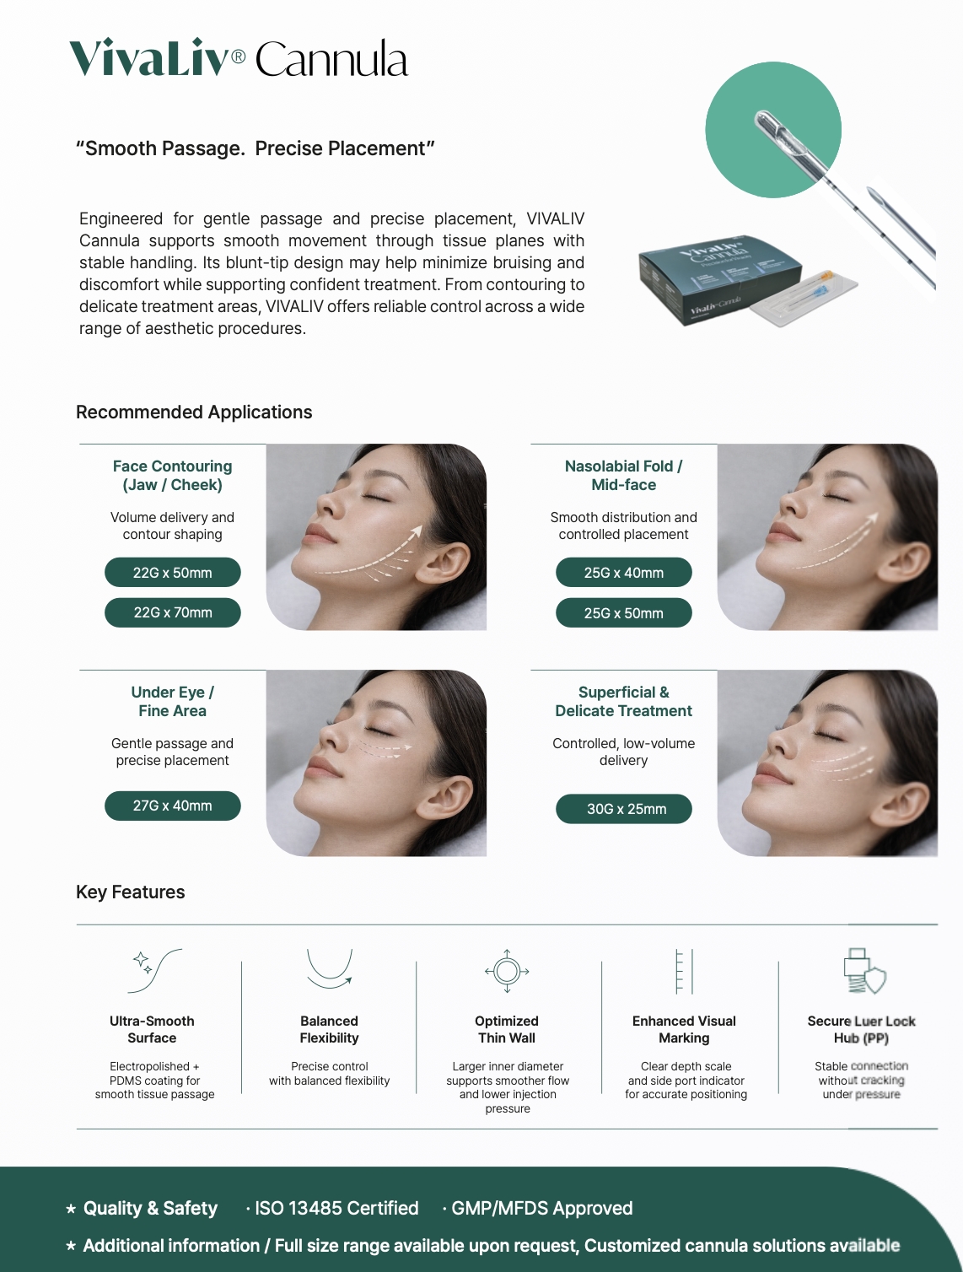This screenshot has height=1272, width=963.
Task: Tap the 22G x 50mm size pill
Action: pyautogui.click(x=173, y=573)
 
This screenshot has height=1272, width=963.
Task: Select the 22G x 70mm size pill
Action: pyautogui.click(x=173, y=612)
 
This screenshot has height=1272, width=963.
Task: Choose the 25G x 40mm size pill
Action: pyautogui.click(x=624, y=573)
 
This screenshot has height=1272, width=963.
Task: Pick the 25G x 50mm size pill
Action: pyautogui.click(x=624, y=612)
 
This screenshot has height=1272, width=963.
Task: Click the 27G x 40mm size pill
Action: pyautogui.click(x=173, y=806)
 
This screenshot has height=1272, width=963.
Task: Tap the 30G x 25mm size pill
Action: pyautogui.click(x=624, y=808)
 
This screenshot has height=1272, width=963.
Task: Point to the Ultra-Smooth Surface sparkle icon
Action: pyautogui.click(x=154, y=971)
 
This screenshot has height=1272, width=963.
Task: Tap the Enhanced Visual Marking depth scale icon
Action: pyautogui.click(x=684, y=971)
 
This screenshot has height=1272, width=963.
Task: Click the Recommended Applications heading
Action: pyautogui.click(x=194, y=412)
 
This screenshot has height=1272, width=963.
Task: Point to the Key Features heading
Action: pyautogui.click(x=131, y=892)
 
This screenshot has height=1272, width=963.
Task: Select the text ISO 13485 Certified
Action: pyautogui.click(x=336, y=1208)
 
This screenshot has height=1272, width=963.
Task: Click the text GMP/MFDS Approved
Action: pyautogui.click(x=541, y=1208)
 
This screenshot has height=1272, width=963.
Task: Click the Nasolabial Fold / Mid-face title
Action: pyautogui.click(x=624, y=475)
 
